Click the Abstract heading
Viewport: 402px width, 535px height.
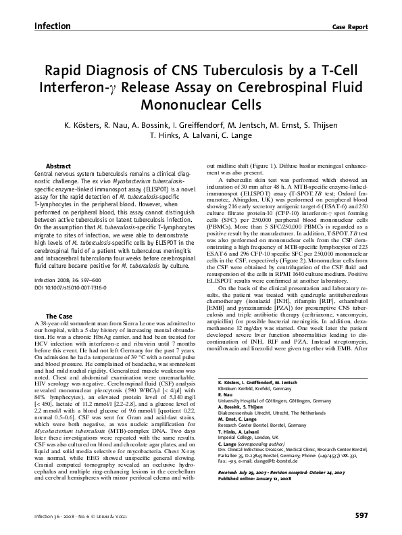click(x=58, y=166)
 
